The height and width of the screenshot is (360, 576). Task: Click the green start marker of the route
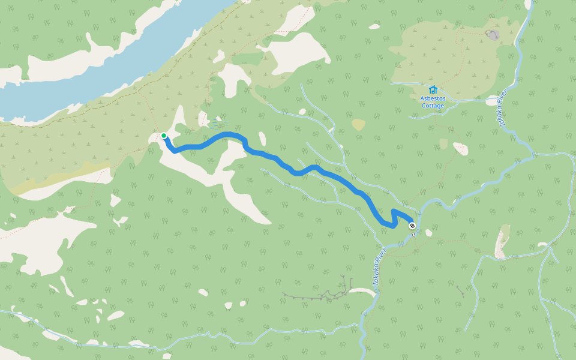pos(164,136)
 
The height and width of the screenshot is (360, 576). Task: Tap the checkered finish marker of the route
pos(412,226)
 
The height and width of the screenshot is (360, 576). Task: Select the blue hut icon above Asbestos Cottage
pos(433,89)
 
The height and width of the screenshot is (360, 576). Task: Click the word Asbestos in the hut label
pos(433,98)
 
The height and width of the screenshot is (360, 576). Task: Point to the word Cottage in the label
pos(433,106)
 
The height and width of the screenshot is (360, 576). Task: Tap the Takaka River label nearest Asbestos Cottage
pos(502,108)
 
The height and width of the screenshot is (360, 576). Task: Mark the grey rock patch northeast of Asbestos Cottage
pos(493,35)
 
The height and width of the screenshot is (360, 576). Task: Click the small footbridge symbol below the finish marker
pos(413,234)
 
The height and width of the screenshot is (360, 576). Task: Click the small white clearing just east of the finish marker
pos(428,233)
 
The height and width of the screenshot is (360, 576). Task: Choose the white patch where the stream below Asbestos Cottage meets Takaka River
pos(492,101)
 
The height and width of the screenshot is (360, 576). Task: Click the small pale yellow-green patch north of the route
pos(358,124)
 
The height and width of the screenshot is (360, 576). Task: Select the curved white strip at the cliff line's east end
pos(362,292)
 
